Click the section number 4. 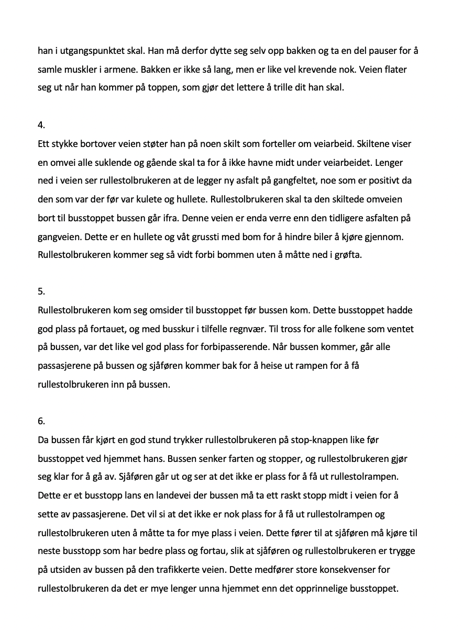click(41, 125)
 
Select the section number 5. click(41, 292)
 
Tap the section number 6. click(41, 421)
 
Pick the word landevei click(160, 494)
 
